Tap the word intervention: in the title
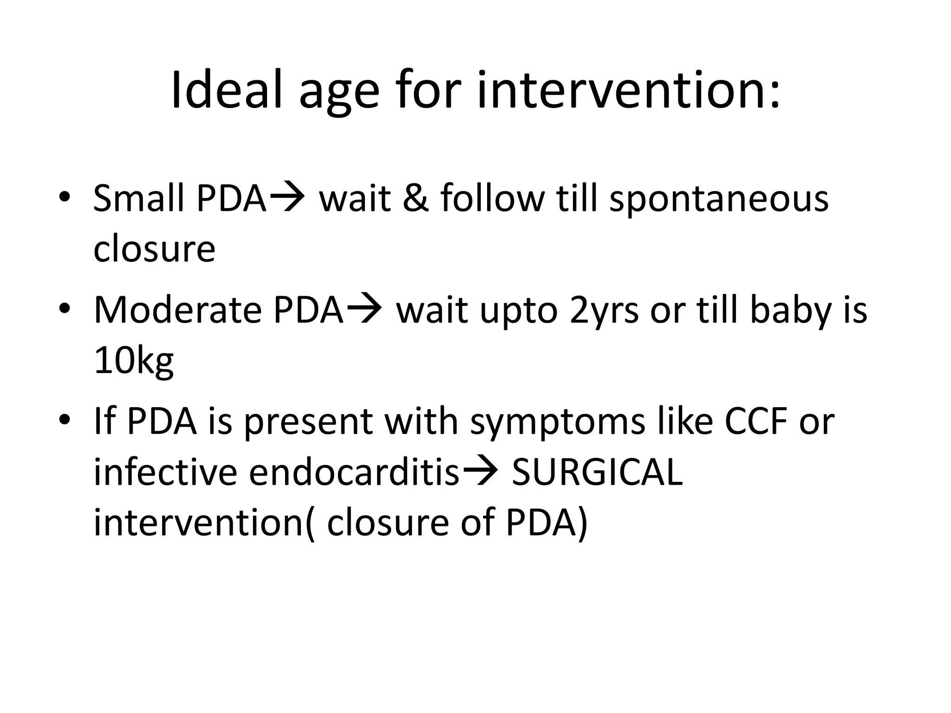tap(629, 91)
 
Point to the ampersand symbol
tap(415, 199)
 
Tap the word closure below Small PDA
tap(154, 249)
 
